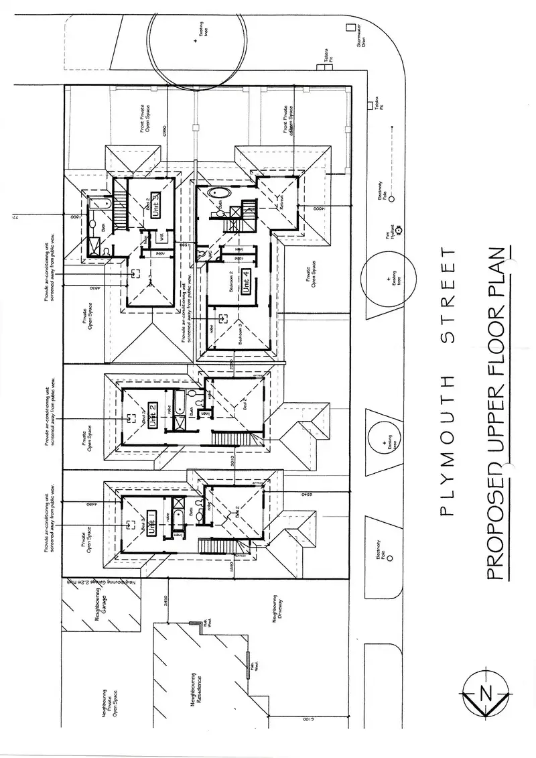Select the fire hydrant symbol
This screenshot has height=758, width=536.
(398, 230)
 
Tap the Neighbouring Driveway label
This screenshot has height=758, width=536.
(279, 613)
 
